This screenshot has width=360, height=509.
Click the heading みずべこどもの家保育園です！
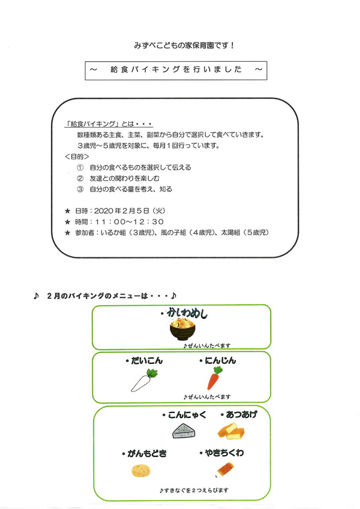[184, 46]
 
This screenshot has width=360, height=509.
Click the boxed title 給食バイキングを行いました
[176, 70]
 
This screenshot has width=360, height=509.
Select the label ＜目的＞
[77, 157]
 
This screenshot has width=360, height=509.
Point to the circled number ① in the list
[80, 168]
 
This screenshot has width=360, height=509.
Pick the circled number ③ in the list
[80, 189]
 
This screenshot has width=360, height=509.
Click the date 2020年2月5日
[122, 211]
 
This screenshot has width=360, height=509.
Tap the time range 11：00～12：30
[130, 222]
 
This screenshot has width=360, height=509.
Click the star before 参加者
[68, 233]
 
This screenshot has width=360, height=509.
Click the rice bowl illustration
[183, 329]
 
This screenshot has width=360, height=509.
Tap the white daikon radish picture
[144, 380]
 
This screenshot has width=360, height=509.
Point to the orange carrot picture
[215, 378]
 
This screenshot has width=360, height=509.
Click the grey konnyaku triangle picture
[184, 432]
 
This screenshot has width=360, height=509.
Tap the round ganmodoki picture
[141, 470]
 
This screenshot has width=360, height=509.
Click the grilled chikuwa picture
[225, 469]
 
